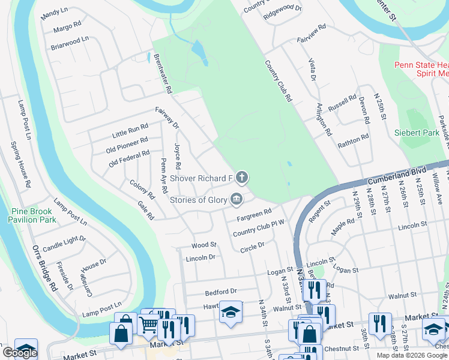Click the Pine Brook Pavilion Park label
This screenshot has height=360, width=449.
point(34,215)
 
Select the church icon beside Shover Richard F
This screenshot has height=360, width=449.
point(242,177)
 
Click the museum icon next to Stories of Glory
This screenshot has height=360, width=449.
point(237,199)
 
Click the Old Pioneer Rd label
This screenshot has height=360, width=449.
point(127,145)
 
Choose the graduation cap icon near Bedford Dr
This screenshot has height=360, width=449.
point(231,311)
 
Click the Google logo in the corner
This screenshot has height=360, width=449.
point(20,353)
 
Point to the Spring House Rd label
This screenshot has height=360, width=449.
point(20,165)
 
